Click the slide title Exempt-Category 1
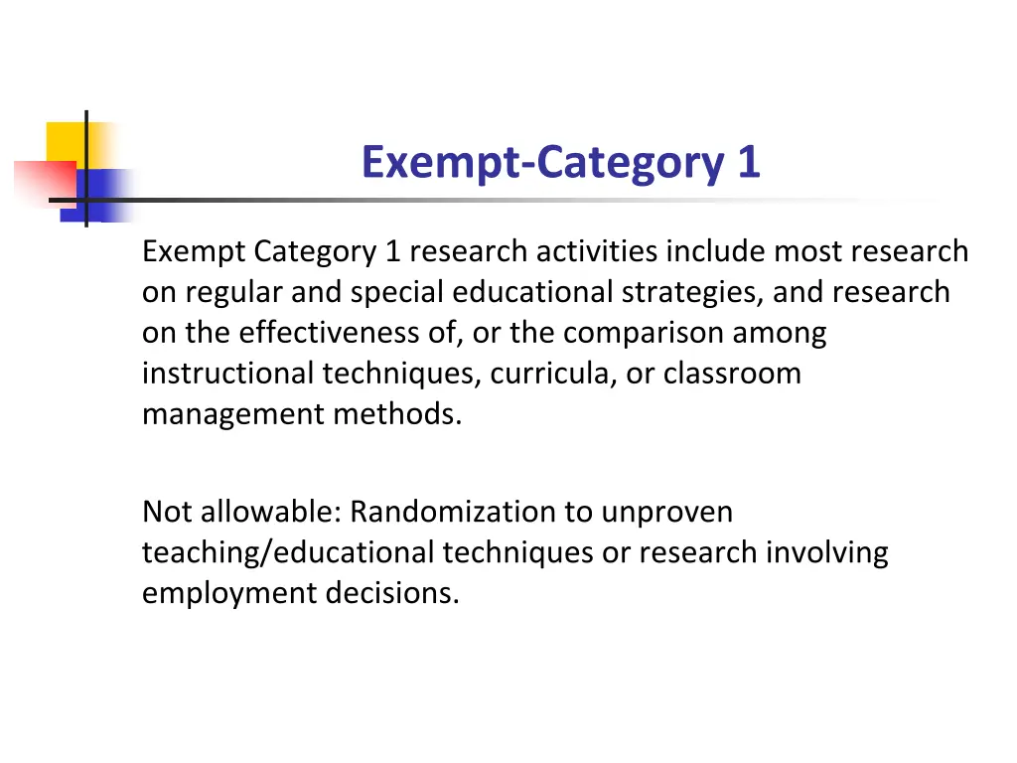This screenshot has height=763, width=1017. (560, 163)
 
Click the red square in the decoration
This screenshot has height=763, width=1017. (45, 179)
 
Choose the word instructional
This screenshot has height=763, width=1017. (228, 375)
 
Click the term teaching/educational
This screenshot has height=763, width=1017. (289, 553)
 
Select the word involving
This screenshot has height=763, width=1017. (826, 553)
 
